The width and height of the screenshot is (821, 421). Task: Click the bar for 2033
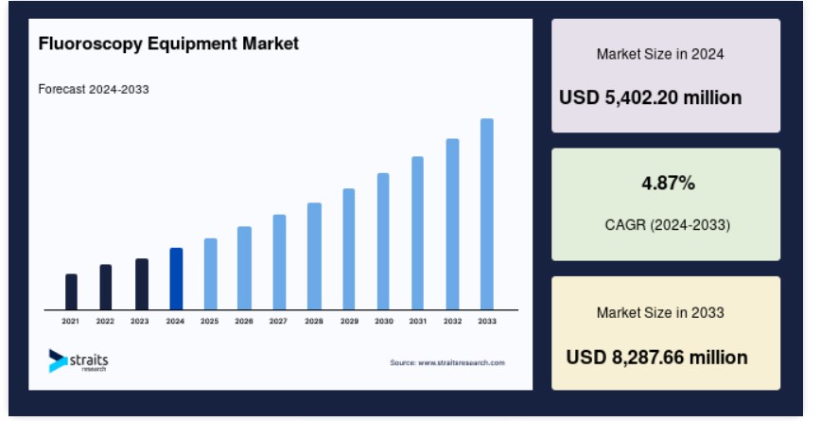487,214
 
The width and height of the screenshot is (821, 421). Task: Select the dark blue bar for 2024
177,278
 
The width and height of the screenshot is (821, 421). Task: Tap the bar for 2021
71,291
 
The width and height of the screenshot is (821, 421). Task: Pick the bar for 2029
349,249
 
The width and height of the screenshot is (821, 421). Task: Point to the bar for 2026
245,268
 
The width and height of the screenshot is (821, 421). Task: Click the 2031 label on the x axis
418,321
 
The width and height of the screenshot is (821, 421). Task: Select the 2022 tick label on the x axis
105,321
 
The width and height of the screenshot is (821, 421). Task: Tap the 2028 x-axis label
314,321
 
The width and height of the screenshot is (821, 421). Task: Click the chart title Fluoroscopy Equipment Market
168,44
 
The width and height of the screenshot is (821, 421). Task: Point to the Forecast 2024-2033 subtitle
94,90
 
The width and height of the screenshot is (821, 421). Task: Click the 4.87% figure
668,184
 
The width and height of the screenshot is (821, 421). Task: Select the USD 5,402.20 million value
651,98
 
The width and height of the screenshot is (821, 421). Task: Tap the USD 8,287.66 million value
656,358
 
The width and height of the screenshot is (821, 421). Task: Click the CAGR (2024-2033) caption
668,225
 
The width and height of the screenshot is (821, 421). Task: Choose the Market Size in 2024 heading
660,54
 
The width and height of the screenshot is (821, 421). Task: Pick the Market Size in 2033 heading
660,312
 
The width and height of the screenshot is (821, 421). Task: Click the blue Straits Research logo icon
58,360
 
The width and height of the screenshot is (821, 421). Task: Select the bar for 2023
142,284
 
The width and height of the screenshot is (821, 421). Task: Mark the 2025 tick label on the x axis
209,321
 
